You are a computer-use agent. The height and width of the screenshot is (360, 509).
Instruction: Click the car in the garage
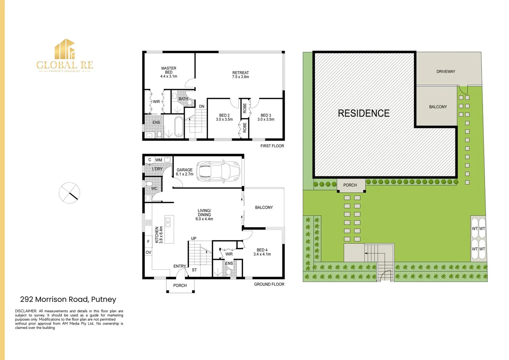coord(218,171)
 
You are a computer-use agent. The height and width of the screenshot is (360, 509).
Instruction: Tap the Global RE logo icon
coord(65,49)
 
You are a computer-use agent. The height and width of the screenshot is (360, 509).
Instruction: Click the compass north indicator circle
coord(70,193)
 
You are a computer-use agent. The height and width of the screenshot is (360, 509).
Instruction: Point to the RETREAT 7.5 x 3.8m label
coord(240,75)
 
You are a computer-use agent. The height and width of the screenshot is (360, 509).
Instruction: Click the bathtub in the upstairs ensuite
coord(179,126)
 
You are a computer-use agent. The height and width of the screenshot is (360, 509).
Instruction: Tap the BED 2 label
coord(224,117)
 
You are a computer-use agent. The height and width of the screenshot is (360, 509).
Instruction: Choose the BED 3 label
coord(266,117)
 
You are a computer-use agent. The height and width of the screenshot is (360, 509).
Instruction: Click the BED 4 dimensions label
coord(262,254)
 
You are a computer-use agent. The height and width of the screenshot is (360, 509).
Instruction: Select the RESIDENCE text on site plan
coord(364,113)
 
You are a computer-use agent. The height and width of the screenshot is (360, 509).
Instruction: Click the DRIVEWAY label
coord(446,72)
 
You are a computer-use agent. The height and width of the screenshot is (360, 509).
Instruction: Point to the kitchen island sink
coord(168,222)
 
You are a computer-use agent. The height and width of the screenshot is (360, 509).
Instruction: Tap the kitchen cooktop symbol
coord(149,223)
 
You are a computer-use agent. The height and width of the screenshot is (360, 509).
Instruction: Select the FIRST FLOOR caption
coord(272,146)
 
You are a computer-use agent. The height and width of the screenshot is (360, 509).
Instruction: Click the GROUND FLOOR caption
coord(269,284)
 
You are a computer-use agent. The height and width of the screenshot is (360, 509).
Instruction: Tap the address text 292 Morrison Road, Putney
coord(68,299)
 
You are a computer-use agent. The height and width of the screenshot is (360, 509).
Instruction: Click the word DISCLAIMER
coord(26,311)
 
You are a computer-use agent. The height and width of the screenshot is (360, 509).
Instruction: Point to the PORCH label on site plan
coord(350,185)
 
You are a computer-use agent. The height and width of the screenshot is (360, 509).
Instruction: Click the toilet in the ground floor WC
coord(149,184)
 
